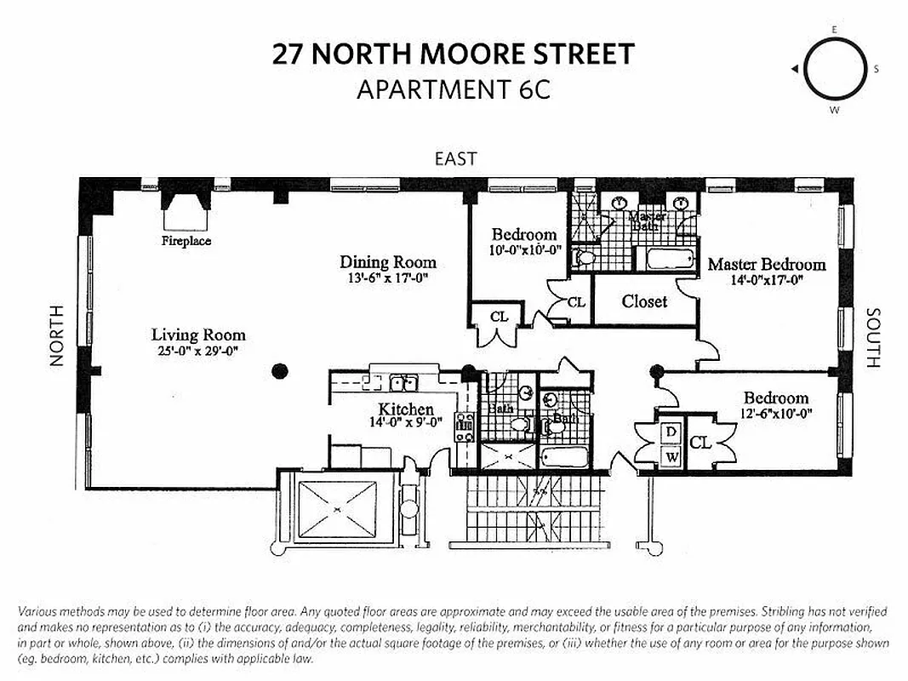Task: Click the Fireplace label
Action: [186, 241]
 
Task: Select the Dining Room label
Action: [388, 262]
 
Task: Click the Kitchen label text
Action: [406, 409]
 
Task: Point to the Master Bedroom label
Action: [767, 264]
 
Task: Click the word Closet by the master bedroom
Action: [644, 301]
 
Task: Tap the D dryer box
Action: [671, 432]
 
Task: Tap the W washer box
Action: [671, 456]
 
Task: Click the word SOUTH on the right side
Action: [872, 338]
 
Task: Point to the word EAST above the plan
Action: [455, 158]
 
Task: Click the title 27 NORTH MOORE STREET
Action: [454, 54]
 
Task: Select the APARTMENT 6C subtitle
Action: [454, 89]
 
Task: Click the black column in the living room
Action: [279, 370]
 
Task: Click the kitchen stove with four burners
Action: [465, 426]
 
